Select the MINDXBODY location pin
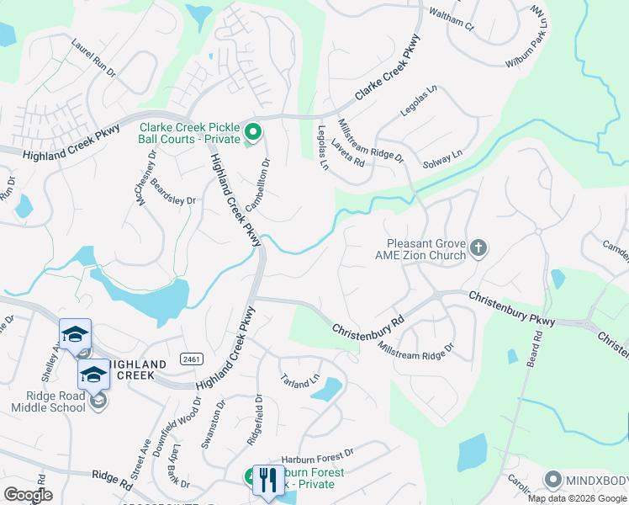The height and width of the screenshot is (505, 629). tap(552, 481)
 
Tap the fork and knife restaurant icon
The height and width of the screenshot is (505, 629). tap(267, 480)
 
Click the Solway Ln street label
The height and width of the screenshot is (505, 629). tap(442, 157)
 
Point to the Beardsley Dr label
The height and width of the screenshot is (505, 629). tap(173, 194)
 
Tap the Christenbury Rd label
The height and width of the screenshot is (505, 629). tap(367, 324)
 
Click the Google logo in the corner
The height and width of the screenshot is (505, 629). tap(28, 495)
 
